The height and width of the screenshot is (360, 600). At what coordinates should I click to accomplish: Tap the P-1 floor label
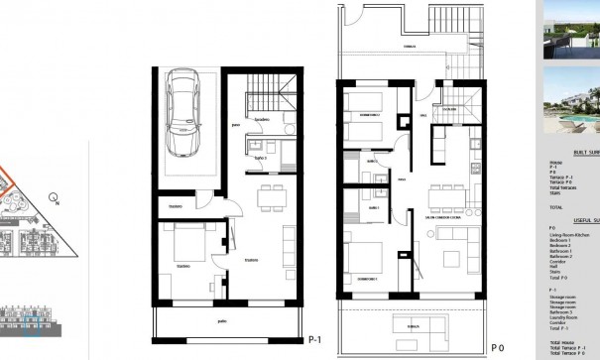coord(315,338)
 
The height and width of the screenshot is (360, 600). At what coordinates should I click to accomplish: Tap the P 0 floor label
coord(499,348)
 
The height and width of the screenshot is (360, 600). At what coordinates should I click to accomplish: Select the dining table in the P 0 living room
coord(449,194)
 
